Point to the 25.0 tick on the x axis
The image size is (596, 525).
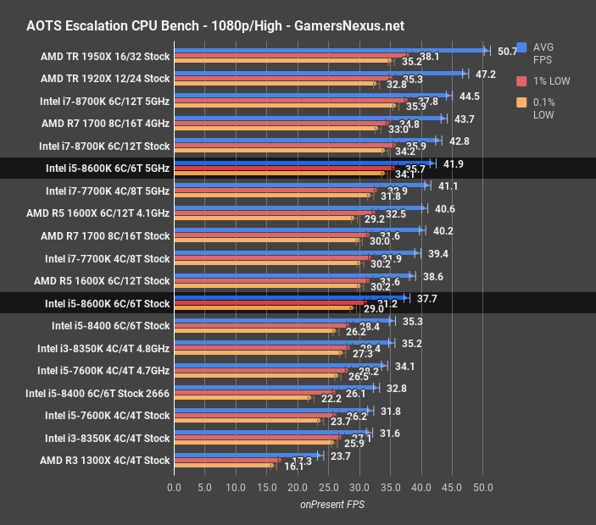328,488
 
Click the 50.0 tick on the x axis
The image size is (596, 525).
482,488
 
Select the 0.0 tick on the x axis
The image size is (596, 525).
175,488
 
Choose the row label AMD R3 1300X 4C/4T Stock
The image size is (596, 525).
105,461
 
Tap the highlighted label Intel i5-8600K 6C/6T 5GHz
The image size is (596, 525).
108,169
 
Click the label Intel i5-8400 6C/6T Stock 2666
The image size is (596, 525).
97,393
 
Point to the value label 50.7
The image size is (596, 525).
507,51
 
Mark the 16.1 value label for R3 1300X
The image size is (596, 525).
293,466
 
